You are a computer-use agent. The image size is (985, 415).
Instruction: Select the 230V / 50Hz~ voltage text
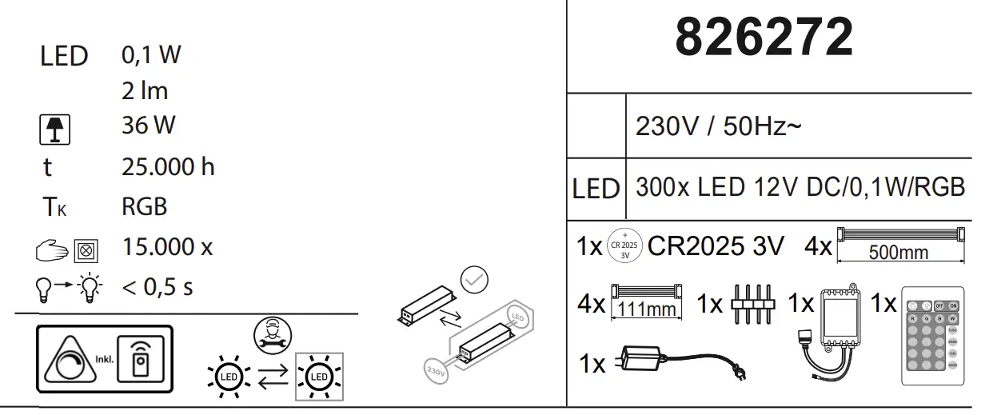[717, 126]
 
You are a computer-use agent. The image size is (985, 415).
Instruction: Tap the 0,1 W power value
[151, 55]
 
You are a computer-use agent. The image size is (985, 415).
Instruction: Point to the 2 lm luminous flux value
[145, 91]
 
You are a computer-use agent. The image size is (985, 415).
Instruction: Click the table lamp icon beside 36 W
[55, 130]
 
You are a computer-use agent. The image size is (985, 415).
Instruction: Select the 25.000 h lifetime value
[168, 167]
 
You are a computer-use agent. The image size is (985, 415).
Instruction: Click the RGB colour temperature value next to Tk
[145, 207]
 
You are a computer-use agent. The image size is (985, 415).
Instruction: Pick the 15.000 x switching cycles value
[167, 246]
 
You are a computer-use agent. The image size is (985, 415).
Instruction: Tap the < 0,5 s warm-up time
[158, 286]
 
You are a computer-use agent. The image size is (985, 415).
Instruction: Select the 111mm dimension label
[646, 309]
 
